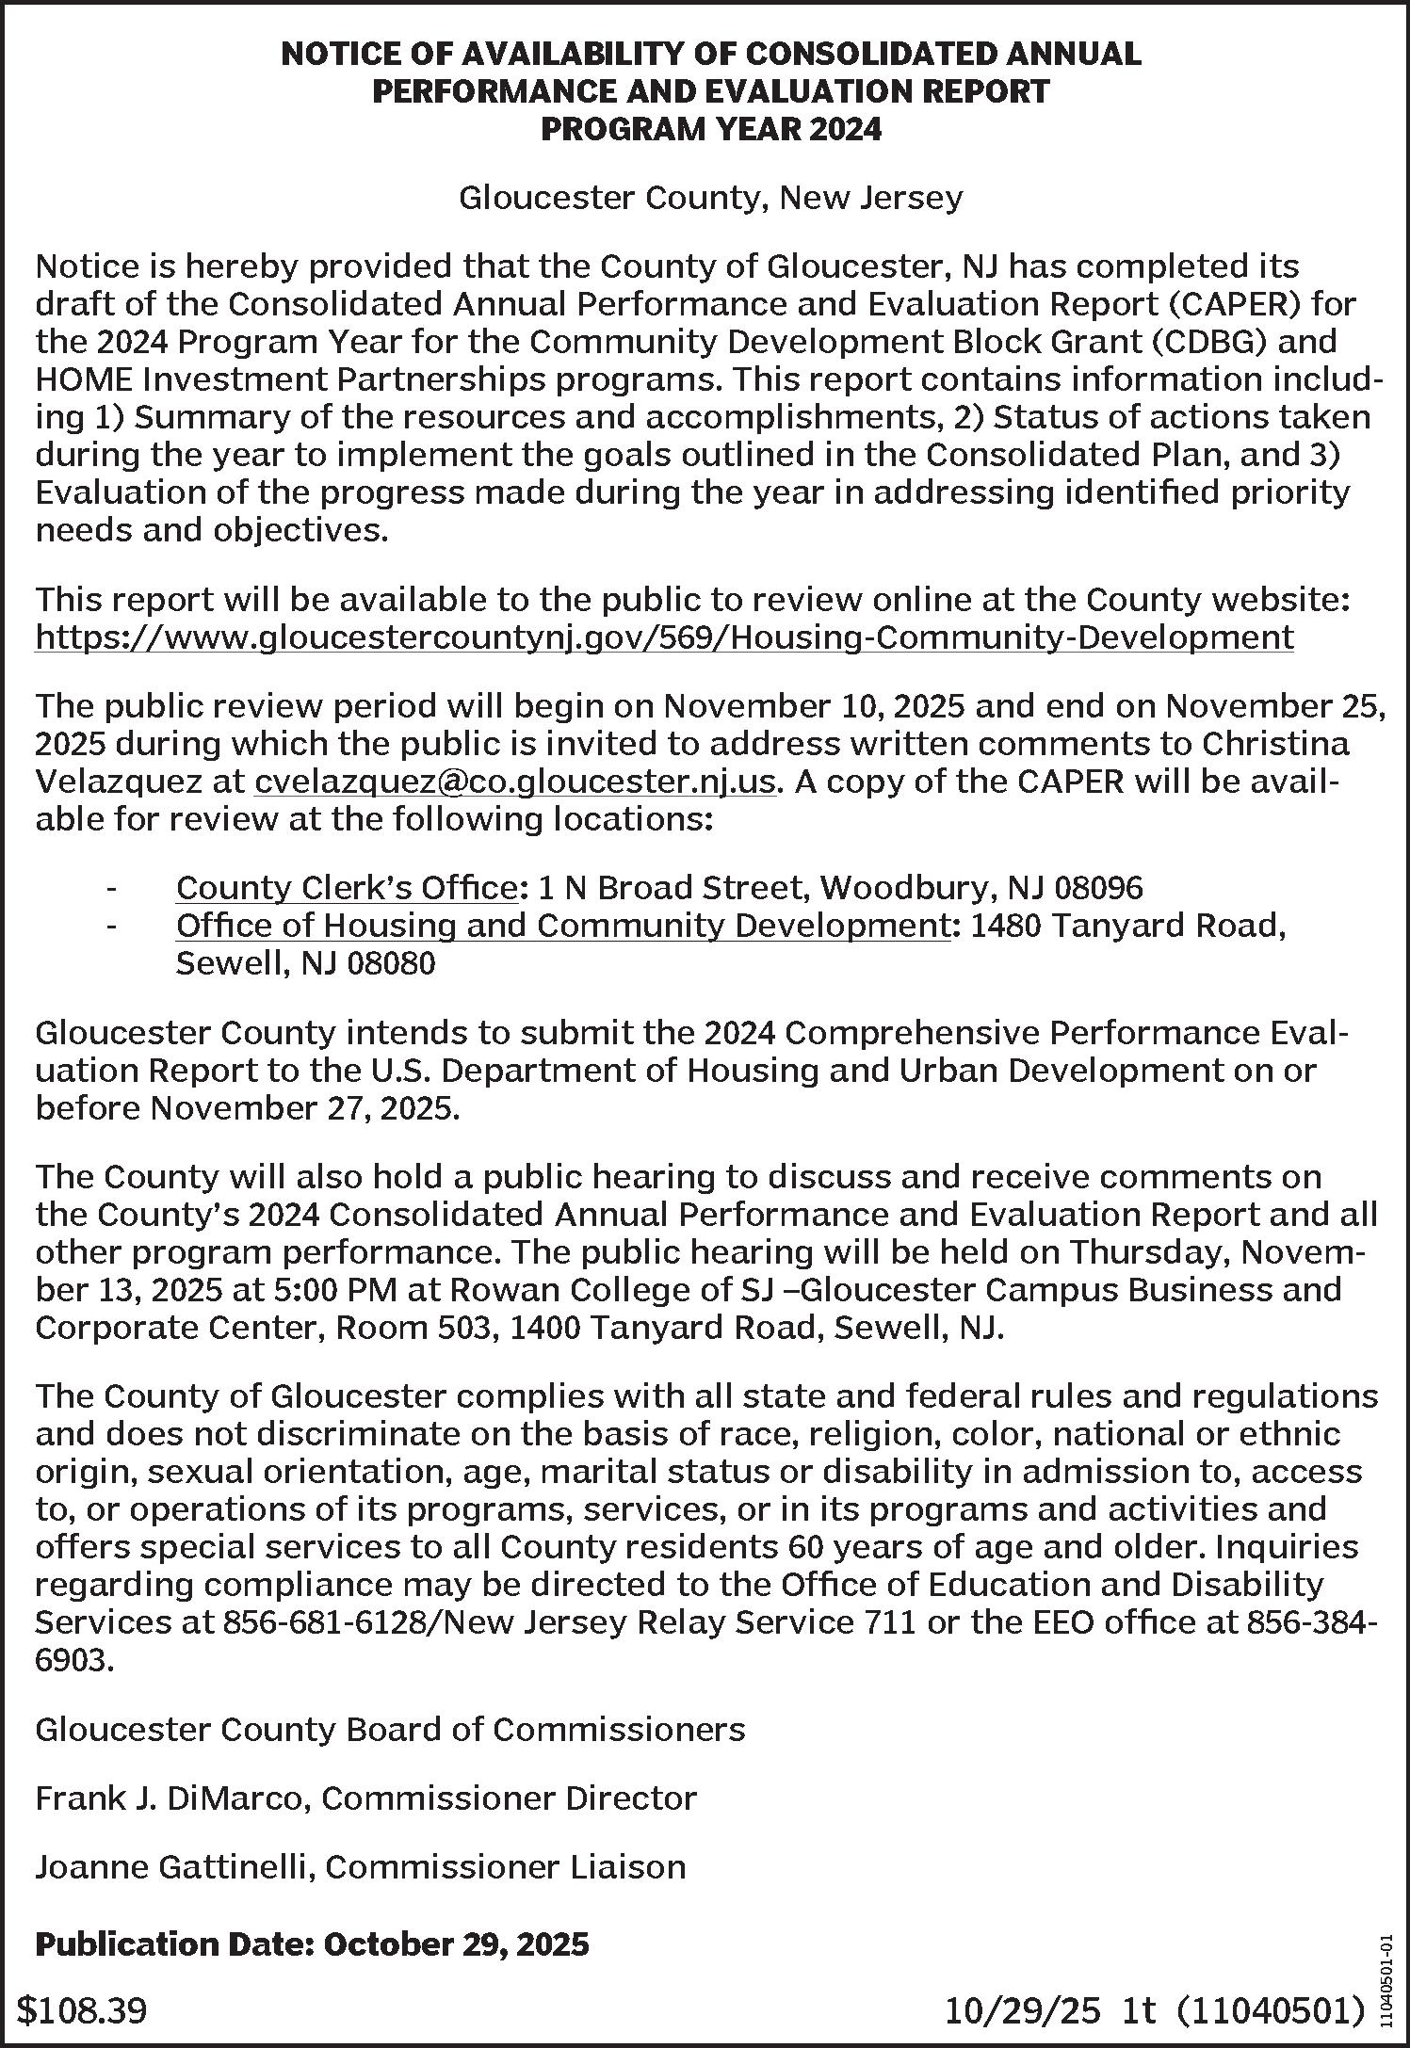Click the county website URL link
tap(664, 637)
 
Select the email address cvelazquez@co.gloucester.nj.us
tap(516, 782)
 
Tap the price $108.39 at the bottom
tap(83, 2010)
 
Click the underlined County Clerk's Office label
tap(346, 887)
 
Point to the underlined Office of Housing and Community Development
tap(561, 926)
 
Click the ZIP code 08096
tap(1098, 887)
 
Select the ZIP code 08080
tap(391, 963)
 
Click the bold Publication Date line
tap(312, 1943)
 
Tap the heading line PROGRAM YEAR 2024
tap(711, 128)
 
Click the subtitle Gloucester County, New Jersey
tap(711, 198)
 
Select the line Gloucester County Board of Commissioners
tap(390, 1729)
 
